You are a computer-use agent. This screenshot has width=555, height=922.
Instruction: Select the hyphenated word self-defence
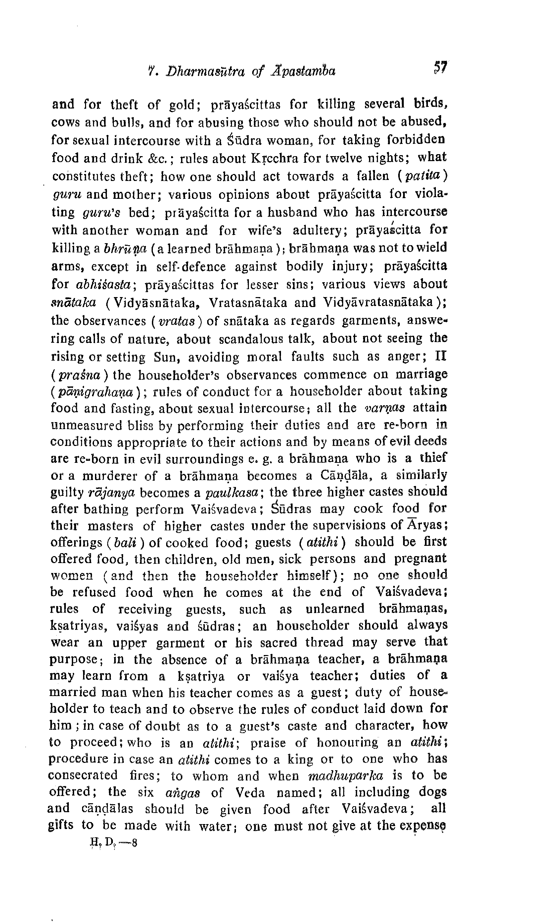[191, 266]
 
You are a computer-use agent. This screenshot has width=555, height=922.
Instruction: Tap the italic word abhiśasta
[104, 285]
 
